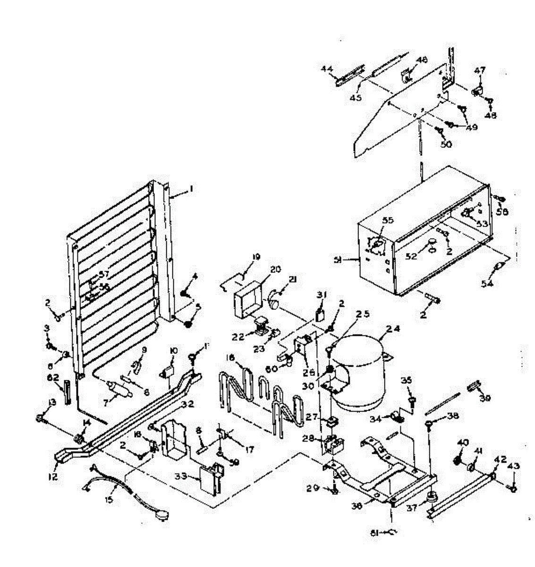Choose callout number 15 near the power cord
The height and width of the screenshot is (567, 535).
click(x=110, y=499)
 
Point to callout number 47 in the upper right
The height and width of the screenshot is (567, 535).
click(x=479, y=70)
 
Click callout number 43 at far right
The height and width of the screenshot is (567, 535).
click(x=514, y=466)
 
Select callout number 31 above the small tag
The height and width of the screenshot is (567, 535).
click(x=322, y=295)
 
